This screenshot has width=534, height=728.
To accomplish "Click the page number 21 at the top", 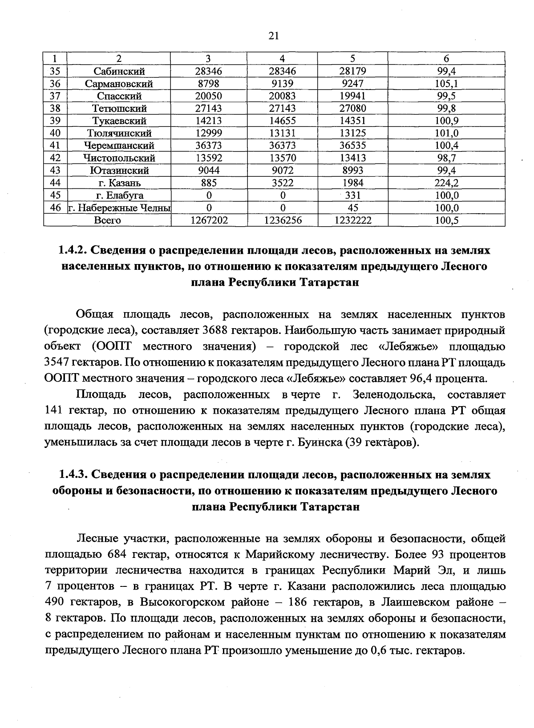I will (x=273, y=36).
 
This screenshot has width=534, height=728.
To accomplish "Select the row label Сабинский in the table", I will (x=119, y=71).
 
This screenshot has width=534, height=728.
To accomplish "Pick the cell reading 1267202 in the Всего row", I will (x=209, y=220).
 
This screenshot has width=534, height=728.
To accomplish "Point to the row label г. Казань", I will (x=119, y=183).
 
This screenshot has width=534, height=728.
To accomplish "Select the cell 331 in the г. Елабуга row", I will (x=354, y=195).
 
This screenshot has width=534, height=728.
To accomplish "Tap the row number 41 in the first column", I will (x=55, y=146).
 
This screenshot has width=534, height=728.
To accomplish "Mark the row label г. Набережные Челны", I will (x=119, y=208).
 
